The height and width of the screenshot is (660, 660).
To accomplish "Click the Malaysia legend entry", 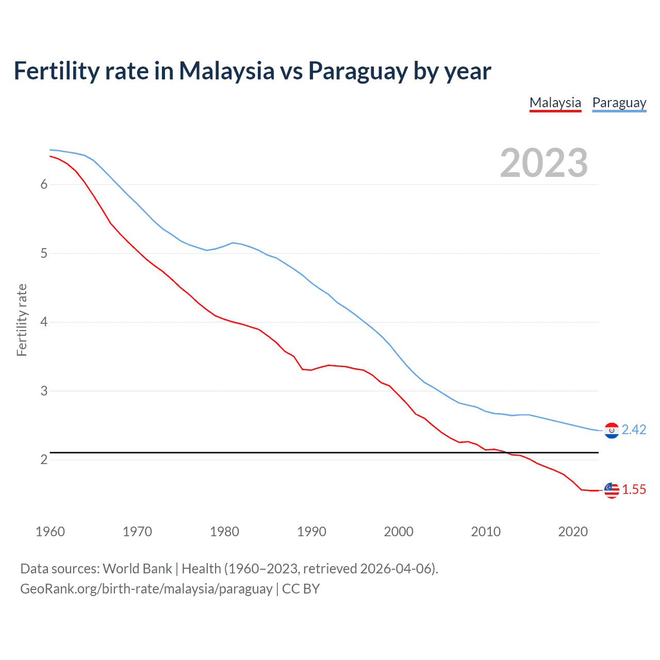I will pos(555,103).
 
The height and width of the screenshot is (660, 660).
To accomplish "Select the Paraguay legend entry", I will pos(619,103).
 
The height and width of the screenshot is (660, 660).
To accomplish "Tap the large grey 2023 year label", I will pos(543,163).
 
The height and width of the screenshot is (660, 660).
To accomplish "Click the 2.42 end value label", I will pos(634,430).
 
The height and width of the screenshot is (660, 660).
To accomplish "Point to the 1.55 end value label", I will pos(634,489).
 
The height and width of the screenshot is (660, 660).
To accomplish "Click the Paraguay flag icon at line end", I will pos(612,430).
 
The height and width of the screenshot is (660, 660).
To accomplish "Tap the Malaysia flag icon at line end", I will pos(612,490).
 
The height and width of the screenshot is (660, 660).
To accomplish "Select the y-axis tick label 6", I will pos(44,185).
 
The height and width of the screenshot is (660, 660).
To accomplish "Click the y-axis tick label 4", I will pos(44,322).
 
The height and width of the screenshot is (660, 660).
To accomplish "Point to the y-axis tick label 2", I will pos(44,459).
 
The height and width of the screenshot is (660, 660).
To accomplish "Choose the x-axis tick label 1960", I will pos(50,532).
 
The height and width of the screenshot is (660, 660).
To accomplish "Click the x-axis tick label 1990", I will pos(311,532).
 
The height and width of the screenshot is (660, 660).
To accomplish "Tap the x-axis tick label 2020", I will pos(573,532).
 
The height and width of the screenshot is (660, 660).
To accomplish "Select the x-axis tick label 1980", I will pos(224,532).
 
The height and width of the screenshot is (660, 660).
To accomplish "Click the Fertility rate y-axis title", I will pos(22,320).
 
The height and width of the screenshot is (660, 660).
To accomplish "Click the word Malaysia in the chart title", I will pos(226,71).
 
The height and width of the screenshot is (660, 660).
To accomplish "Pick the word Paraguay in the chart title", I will pos(358,71).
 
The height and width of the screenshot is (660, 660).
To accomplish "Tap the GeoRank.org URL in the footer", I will pos(146,589).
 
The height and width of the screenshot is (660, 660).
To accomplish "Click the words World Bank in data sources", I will pos(137,569).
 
